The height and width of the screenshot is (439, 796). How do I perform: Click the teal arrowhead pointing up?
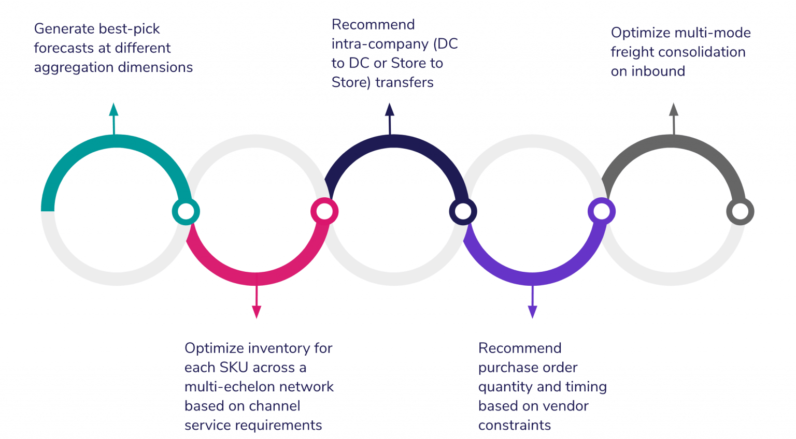[x=113, y=109]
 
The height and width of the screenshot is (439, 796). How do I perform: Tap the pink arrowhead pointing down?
[x=256, y=312]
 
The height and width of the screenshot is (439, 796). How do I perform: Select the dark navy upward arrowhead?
[x=390, y=109]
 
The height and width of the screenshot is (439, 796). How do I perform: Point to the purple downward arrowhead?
[x=532, y=312]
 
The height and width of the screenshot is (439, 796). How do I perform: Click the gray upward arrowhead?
[x=673, y=109]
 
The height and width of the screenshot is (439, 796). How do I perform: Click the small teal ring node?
[x=186, y=211]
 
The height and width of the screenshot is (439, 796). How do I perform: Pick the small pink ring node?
[x=324, y=211]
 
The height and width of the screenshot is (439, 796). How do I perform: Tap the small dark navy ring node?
[x=463, y=211]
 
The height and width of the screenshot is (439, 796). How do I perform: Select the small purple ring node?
[x=601, y=211]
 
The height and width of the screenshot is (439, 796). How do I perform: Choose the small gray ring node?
[x=740, y=211]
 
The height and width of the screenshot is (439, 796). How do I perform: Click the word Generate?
[x=64, y=29]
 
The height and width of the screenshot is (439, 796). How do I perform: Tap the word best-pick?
[x=130, y=29]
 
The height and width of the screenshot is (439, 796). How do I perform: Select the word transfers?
[x=404, y=82]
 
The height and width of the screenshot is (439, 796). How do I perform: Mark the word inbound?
[x=658, y=71]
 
